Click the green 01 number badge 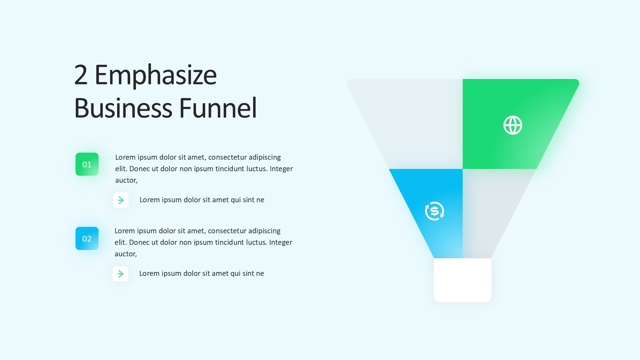click(x=87, y=164)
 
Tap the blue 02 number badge click(x=87, y=238)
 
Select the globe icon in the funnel click(x=513, y=125)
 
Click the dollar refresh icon click(x=435, y=211)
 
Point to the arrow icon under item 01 click(x=121, y=200)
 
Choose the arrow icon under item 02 click(x=120, y=274)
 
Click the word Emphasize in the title click(x=156, y=76)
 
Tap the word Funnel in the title click(x=218, y=108)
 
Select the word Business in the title click(x=123, y=108)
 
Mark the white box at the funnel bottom click(x=463, y=280)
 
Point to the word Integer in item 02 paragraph click(x=281, y=243)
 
